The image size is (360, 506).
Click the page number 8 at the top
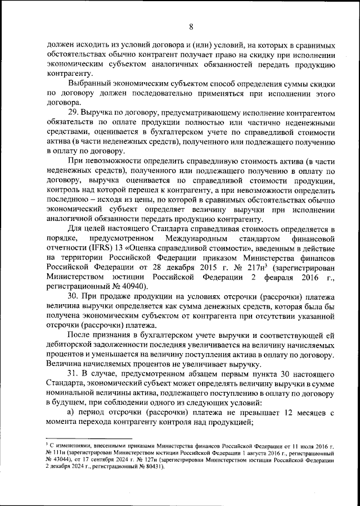tap(191, 27)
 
